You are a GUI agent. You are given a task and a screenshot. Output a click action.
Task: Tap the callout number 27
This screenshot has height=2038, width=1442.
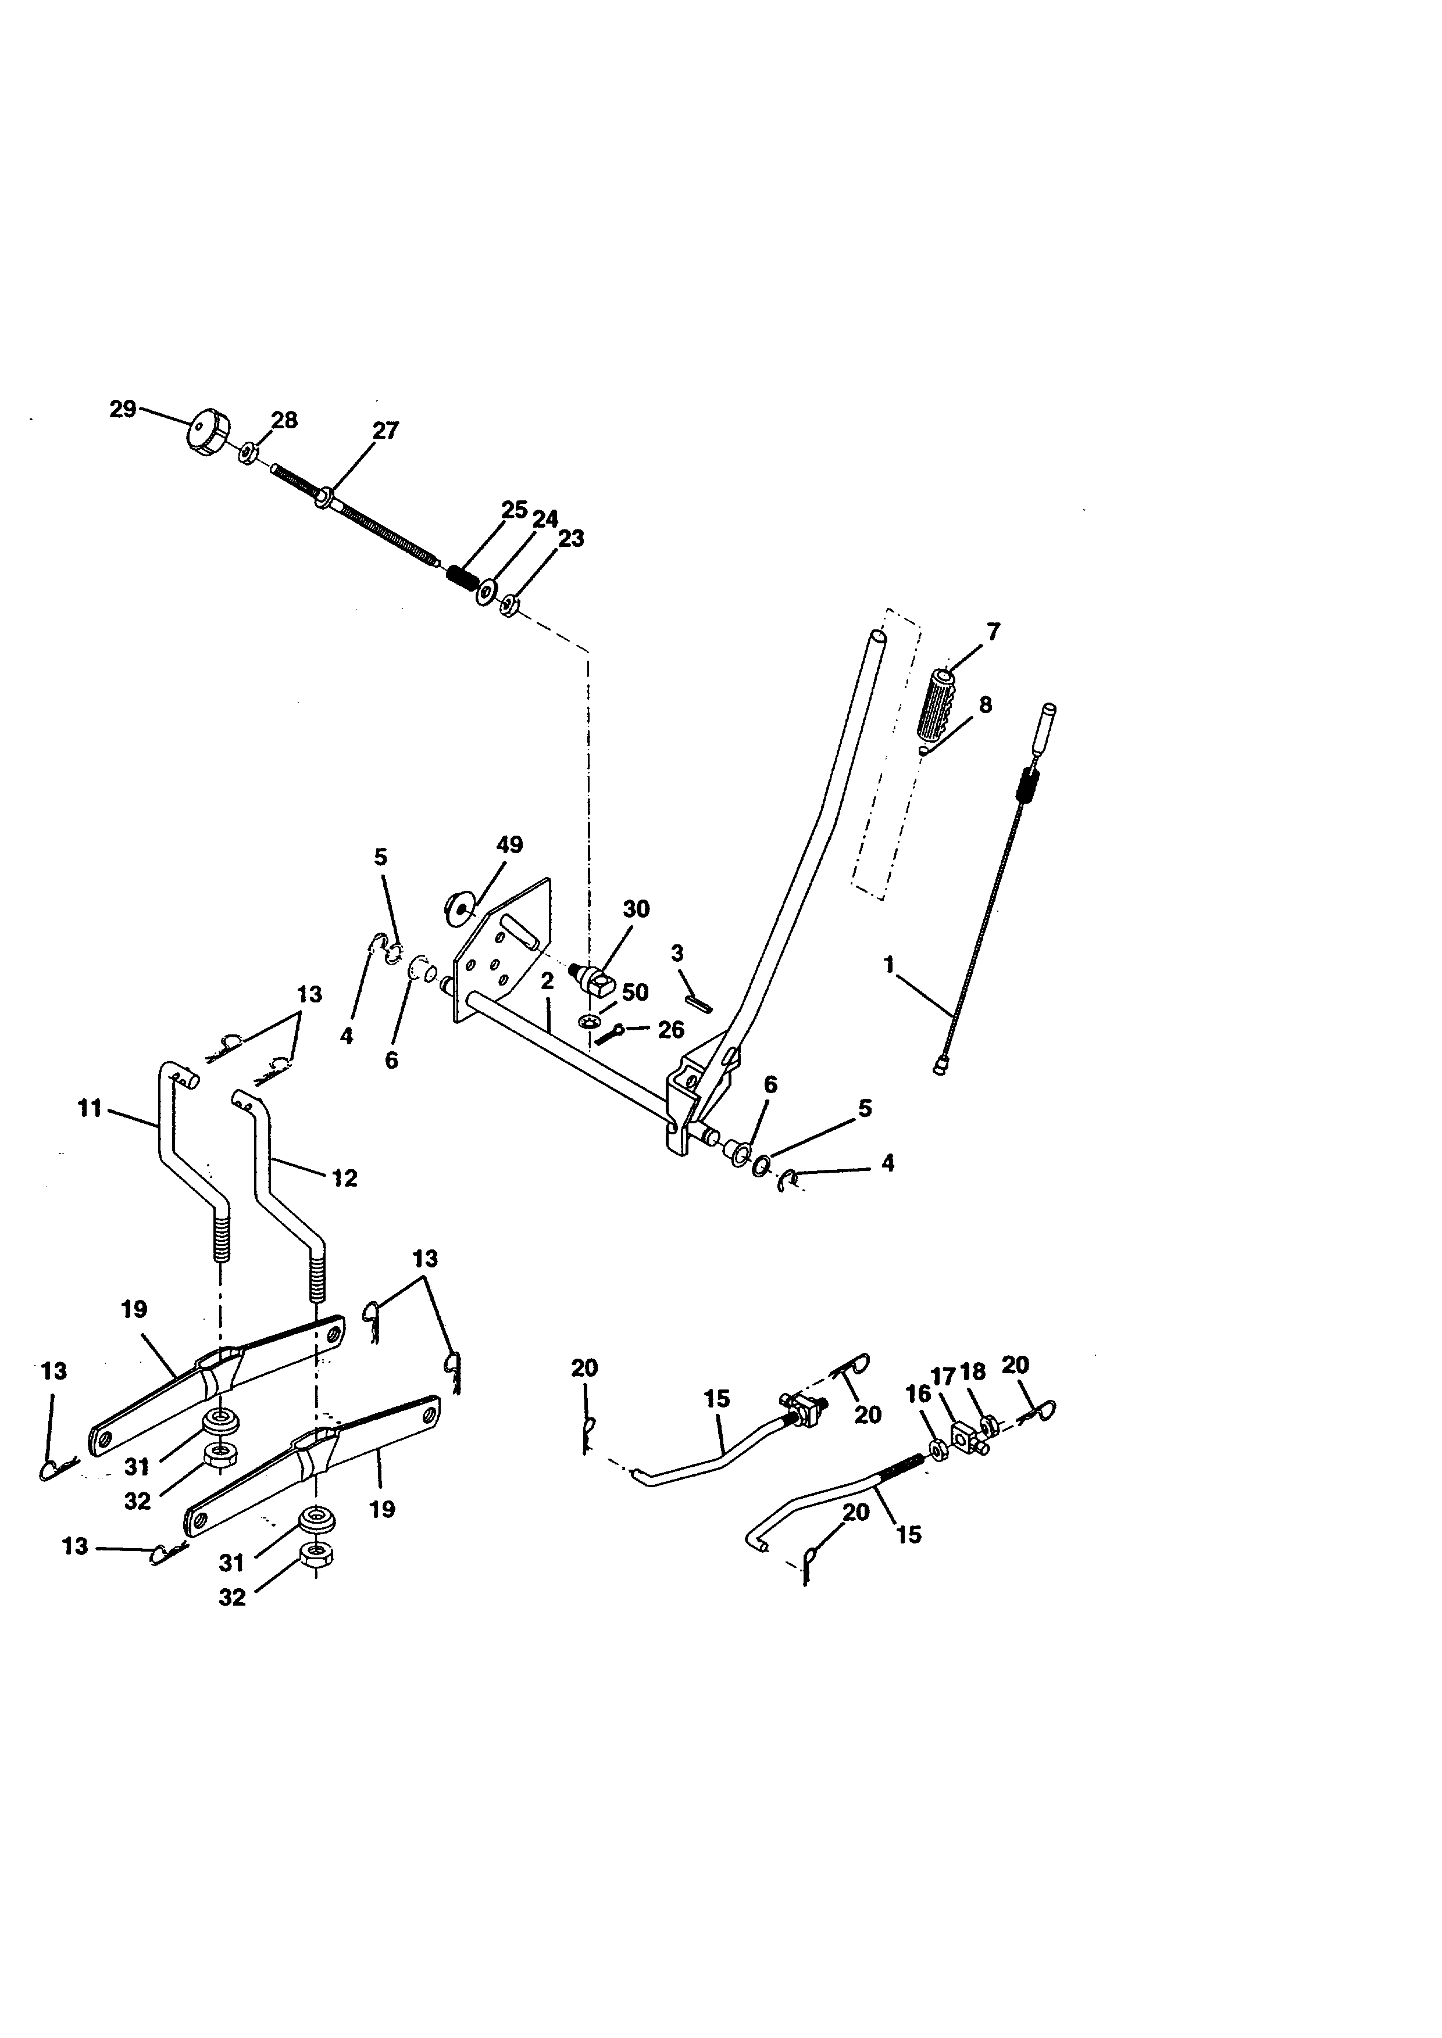386,431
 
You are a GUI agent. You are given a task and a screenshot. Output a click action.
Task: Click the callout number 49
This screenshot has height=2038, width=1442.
510,844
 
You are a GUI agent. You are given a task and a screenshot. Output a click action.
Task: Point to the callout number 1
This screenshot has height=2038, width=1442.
889,965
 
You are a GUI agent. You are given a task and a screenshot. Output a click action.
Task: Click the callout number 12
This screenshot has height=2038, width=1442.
345,1178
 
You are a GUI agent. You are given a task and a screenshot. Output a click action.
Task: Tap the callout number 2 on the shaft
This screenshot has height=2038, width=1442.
547,981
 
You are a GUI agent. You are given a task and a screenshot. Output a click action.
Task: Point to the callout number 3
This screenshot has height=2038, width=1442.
677,954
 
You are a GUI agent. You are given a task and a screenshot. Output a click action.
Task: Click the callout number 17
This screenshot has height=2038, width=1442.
943,1375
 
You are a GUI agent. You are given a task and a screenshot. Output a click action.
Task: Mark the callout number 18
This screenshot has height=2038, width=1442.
973,1371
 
